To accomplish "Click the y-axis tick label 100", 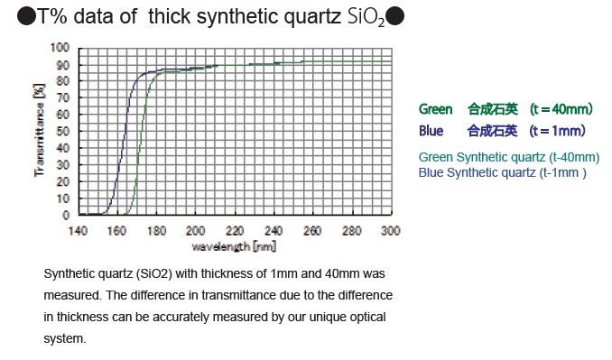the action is (x=60, y=48).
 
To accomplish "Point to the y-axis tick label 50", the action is (x=62, y=132).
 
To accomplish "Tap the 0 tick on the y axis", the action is (x=66, y=216).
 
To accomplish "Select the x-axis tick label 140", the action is (x=78, y=231).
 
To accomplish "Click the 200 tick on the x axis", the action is (x=195, y=231).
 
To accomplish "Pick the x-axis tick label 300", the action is (x=390, y=231).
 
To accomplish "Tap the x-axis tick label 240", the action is (x=274, y=231).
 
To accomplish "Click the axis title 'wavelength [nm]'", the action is (x=234, y=246).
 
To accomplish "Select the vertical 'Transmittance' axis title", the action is (x=40, y=130).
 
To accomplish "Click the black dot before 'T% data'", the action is (x=26, y=16).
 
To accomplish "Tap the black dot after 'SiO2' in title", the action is (x=395, y=16).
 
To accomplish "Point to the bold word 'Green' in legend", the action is (x=435, y=109).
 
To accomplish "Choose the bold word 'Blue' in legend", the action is (x=431, y=131).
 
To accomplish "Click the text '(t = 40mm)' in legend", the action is (x=561, y=109).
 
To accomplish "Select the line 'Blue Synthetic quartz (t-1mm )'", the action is (x=502, y=172).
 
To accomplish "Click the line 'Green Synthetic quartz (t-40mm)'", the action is (x=509, y=157).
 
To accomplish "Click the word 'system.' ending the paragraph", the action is (x=65, y=338).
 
